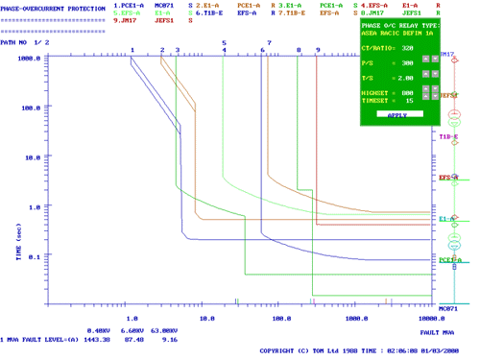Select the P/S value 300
(406, 62)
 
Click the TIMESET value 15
(409, 100)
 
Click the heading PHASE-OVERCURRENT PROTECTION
(53, 8)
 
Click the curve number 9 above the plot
(317, 49)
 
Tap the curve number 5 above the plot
(224, 43)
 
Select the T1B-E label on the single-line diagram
(449, 137)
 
